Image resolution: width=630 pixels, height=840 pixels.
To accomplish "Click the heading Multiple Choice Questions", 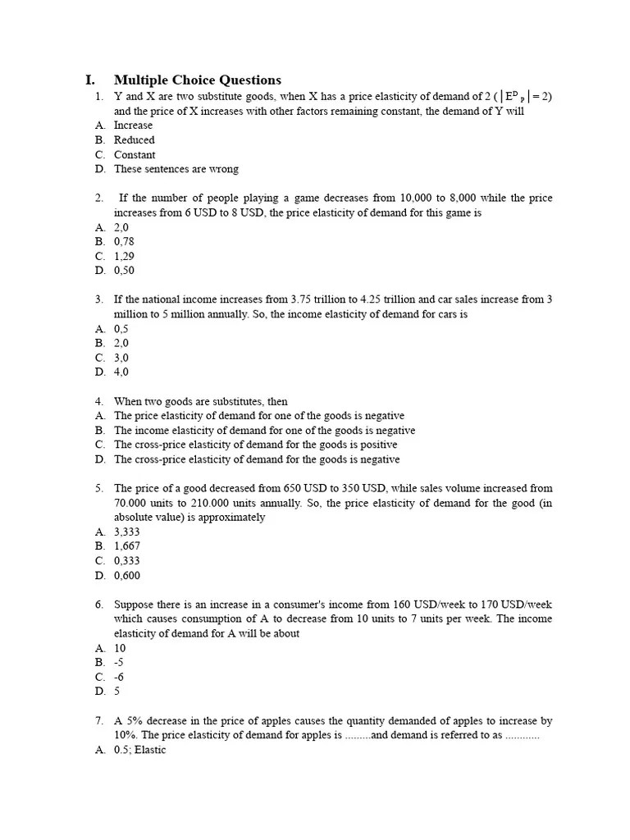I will (x=197, y=80).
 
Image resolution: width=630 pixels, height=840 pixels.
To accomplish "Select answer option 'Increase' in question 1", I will (x=133, y=126).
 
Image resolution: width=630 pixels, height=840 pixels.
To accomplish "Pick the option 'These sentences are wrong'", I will (x=176, y=169).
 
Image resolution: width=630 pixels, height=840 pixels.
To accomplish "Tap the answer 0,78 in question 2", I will (x=123, y=242).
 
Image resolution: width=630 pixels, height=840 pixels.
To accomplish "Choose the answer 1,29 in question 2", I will (x=123, y=256).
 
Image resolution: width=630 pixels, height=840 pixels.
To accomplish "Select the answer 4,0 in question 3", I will (x=121, y=372).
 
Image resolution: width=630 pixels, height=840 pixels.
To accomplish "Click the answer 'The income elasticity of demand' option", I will (x=264, y=430).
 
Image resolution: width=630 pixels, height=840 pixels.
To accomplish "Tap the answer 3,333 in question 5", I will (x=126, y=532).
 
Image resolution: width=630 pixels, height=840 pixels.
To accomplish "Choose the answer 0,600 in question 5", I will (x=126, y=576).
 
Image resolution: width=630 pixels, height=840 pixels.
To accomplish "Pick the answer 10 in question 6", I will (x=120, y=648).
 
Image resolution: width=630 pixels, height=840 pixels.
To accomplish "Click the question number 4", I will (x=98, y=401).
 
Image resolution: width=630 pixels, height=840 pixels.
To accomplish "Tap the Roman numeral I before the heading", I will (x=89, y=80).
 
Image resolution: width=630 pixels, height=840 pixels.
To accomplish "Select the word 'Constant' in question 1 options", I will (x=135, y=155).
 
